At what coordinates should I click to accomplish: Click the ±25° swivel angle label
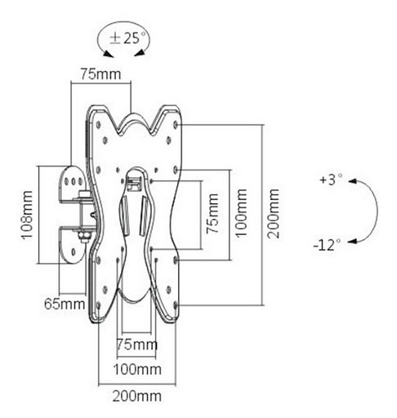pos(127,38)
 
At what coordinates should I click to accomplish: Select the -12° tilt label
pos(327,245)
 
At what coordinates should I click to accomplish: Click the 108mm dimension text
pos(27,216)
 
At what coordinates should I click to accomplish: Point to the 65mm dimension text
pos(65,304)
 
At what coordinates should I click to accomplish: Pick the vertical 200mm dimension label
pos(273,214)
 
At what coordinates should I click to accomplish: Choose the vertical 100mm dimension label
pos(242,213)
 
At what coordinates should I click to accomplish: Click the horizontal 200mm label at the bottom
pos(137,396)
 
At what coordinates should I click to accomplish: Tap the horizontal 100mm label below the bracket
pos(137,369)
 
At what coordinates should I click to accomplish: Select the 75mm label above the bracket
pos(100,74)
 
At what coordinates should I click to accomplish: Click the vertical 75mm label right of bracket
pos(212,214)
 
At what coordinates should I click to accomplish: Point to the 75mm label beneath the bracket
pos(137,345)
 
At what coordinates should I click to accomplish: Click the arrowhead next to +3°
pos(353,181)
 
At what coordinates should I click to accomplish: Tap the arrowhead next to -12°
pos(353,241)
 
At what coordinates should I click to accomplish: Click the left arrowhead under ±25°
pos(109,54)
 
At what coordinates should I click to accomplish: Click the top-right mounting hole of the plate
pos(176,125)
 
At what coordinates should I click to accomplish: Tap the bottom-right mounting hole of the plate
pos(176,305)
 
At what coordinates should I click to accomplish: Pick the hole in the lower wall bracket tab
pos(74,252)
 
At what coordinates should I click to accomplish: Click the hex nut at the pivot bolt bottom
pos(85,235)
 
